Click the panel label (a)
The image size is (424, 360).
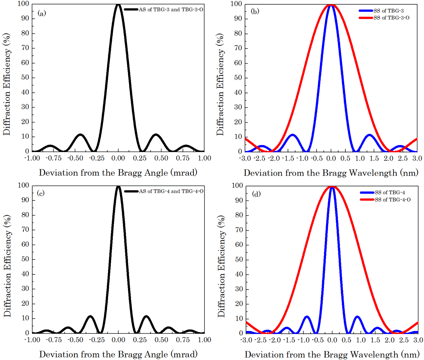pos(42,13)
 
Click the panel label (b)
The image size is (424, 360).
pos(255,11)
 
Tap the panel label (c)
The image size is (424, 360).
pos(41,193)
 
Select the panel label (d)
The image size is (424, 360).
pos(256,194)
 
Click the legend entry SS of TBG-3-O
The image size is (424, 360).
pos(391,18)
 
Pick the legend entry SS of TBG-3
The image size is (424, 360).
pos(388,11)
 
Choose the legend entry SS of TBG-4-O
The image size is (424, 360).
pos(393,199)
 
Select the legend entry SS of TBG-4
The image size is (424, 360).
pos(390,193)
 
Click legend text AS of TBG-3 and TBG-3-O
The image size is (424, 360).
pos(171,10)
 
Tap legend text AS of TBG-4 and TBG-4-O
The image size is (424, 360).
pos(171,191)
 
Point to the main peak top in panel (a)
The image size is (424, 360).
pos(118,4)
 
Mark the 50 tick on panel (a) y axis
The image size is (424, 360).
pos(26,78)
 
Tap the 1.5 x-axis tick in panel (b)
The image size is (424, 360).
pos(374,158)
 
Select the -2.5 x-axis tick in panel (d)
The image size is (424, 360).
pos(261,340)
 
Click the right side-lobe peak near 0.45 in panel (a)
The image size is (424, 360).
pos(156,135)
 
